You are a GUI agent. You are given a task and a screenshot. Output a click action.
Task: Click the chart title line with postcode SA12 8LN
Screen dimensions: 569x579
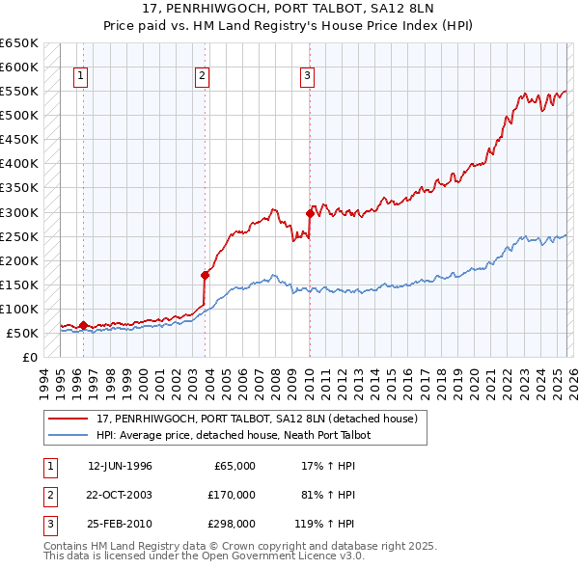point(289,9)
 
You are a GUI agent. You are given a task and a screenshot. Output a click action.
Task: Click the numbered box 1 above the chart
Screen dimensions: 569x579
point(81,77)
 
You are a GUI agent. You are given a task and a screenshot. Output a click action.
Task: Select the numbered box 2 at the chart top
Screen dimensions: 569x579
point(202,77)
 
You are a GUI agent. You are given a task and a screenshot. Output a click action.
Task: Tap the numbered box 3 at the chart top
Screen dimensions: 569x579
point(307,77)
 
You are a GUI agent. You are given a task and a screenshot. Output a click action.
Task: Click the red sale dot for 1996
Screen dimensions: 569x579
point(83,325)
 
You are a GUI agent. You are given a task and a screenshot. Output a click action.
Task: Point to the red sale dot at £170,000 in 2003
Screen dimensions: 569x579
point(206,274)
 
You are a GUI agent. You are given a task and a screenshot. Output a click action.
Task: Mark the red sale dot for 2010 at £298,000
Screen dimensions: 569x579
point(310,212)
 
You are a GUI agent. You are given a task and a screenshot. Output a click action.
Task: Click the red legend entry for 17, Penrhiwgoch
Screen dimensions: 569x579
point(257,419)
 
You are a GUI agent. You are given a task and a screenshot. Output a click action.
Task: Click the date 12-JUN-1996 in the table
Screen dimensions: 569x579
point(120,466)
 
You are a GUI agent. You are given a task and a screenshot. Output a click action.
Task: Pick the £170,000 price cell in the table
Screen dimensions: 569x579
point(232,495)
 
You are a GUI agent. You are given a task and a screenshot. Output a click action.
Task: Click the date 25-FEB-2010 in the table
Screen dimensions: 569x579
point(120,524)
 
